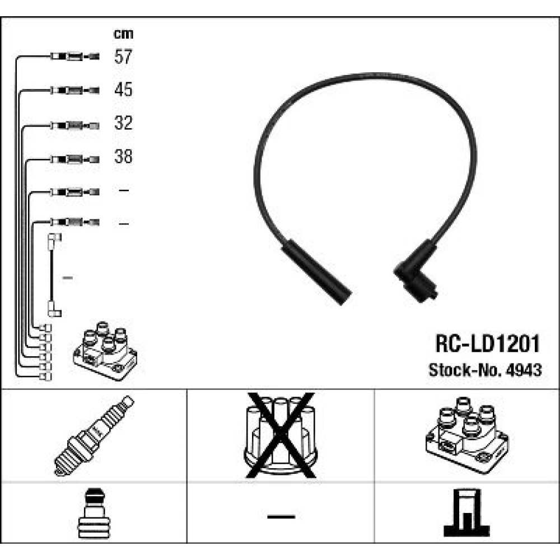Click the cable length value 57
(123, 57)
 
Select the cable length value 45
(123, 89)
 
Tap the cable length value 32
(123, 123)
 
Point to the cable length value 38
(123, 156)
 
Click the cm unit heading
(123, 34)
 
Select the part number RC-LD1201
(487, 344)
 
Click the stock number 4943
(524, 370)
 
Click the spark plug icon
(94, 436)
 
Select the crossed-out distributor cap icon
(281, 435)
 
